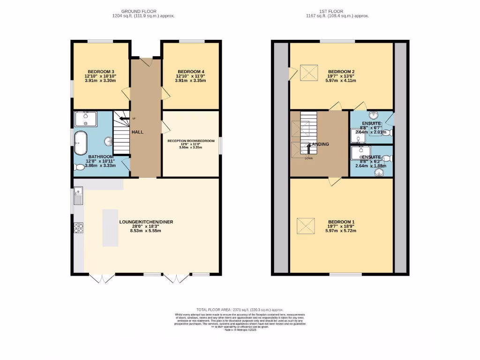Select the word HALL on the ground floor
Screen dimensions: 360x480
pyautogui.click(x=137, y=132)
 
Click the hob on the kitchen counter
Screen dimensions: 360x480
pyautogui.click(x=78, y=228)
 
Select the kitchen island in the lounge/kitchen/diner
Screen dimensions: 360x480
pyautogui.click(x=111, y=227)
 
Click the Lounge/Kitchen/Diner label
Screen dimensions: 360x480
pyautogui.click(x=140, y=222)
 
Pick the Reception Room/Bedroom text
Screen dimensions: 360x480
pyautogui.click(x=191, y=141)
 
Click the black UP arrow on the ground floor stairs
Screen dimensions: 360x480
pyautogui.click(x=124, y=119)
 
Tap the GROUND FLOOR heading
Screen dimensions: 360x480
pyautogui.click(x=139, y=11)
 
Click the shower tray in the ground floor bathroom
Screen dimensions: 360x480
pyautogui.click(x=85, y=119)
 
